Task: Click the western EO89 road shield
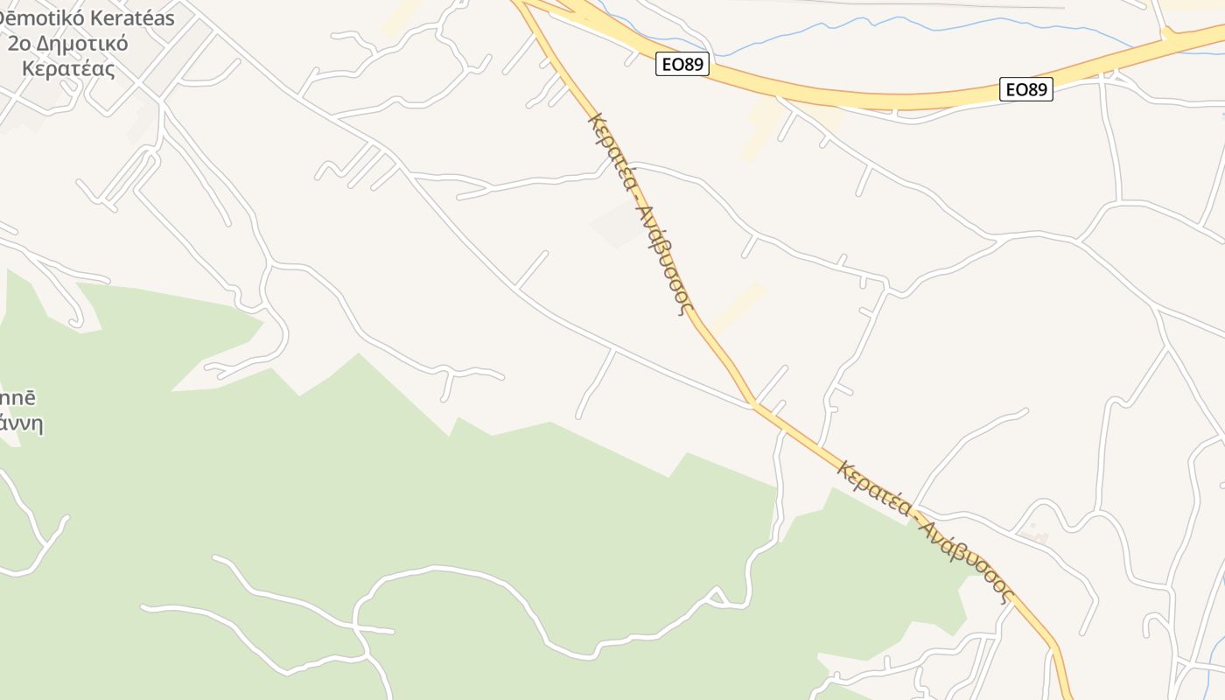tap(682, 64)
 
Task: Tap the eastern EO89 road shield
tap(1025, 88)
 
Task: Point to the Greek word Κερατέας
tap(68, 68)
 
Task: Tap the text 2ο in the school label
tap(19, 43)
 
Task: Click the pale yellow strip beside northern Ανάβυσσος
tap(738, 306)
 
